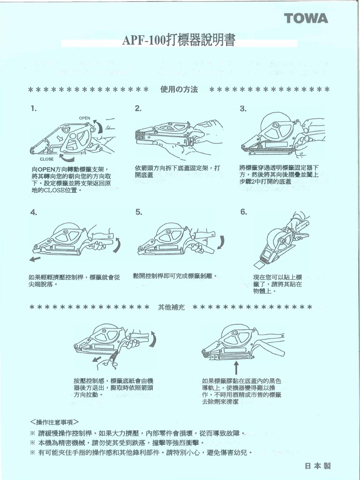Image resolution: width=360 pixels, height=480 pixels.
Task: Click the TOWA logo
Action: [x=306, y=19]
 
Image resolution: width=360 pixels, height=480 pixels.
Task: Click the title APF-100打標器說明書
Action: [x=179, y=41]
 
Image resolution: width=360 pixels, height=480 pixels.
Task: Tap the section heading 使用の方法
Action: [x=179, y=89]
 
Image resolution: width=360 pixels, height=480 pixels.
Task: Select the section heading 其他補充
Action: [x=172, y=307]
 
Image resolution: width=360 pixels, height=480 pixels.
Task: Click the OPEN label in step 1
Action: [x=84, y=118]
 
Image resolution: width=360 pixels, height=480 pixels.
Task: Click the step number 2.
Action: [x=138, y=109]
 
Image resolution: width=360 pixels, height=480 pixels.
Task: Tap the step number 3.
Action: [x=243, y=109]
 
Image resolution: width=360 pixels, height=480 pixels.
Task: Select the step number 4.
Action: [x=33, y=212]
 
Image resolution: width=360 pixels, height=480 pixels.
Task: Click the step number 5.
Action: [x=138, y=212]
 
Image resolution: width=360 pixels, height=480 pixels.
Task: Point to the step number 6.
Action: [x=243, y=212]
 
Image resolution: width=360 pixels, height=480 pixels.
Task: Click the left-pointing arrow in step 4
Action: [x=34, y=258]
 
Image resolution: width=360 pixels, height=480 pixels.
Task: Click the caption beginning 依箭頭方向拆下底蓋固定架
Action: [x=177, y=171]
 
